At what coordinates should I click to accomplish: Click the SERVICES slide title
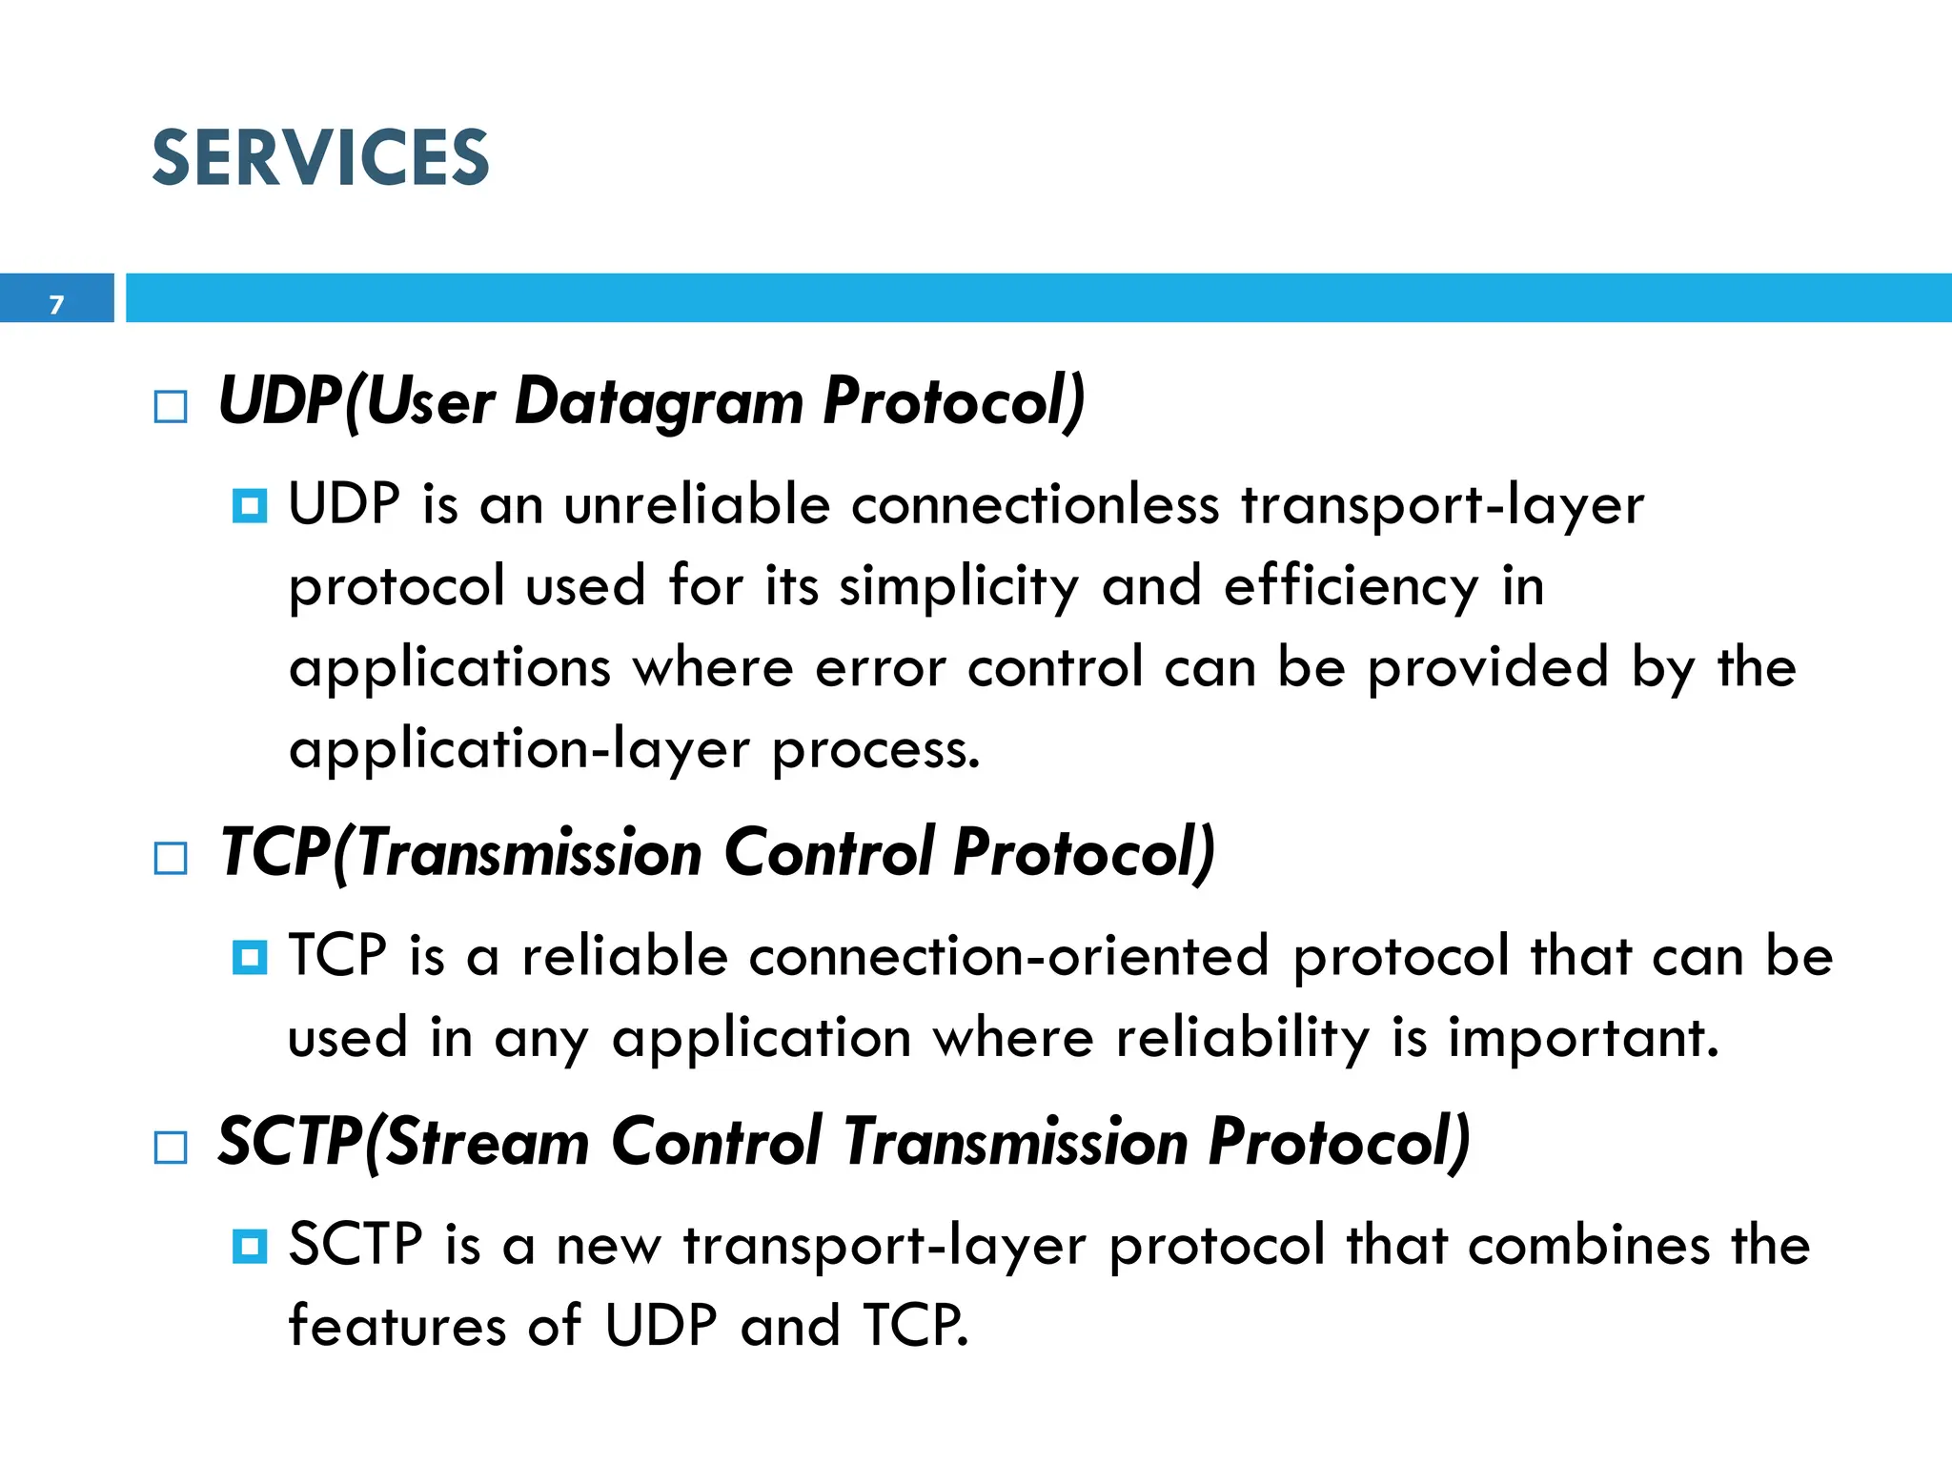click(320, 158)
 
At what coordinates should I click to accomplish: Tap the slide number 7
click(56, 305)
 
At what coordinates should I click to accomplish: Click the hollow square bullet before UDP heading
click(171, 407)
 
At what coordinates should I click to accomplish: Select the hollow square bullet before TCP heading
click(171, 858)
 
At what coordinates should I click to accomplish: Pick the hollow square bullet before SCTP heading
click(171, 1147)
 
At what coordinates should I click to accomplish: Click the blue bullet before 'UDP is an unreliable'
click(250, 505)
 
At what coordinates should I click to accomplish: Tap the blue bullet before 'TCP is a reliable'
click(250, 956)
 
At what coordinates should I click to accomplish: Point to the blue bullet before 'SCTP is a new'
click(250, 1245)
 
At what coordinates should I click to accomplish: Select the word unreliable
click(697, 504)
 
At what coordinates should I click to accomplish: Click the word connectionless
click(1035, 504)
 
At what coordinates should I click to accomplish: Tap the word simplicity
click(959, 587)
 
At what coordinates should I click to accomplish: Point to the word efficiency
click(1352, 587)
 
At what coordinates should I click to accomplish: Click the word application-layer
click(519, 750)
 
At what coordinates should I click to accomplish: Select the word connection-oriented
click(1008, 956)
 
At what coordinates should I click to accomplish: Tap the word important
click(1583, 1038)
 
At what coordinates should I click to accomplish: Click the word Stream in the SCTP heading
click(488, 1142)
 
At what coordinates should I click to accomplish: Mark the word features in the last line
click(396, 1326)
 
